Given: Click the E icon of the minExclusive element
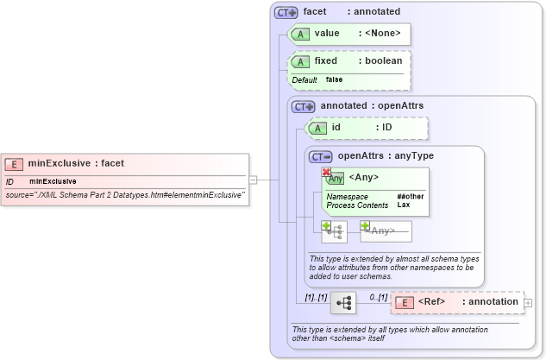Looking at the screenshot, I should tap(14, 163).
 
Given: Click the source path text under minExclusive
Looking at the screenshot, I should tap(125, 195).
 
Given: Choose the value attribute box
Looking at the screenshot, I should tap(348, 34).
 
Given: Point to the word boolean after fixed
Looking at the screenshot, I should tap(382, 61).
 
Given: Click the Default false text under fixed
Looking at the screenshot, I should tap(317, 79).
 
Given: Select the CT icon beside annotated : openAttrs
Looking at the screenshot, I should tap(303, 106).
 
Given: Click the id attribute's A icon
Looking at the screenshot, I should tap(317, 128).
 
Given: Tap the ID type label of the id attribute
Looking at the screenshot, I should tap(387, 128).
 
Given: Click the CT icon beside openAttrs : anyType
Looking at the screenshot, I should tap(321, 157).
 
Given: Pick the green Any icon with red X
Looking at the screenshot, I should tap(334, 178).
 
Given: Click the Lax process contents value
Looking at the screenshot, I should tap(403, 205).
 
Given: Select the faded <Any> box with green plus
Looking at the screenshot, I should tap(386, 231).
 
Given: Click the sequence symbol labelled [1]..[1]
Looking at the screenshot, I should tap(342, 303).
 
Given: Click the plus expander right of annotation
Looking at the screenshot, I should tap(528, 303).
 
